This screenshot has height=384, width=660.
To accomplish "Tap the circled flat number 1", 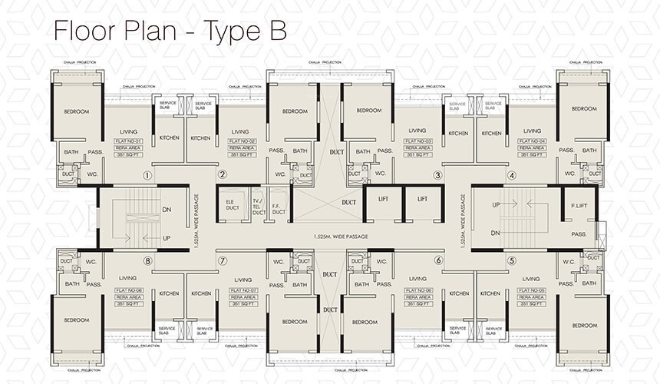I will [x=147, y=175].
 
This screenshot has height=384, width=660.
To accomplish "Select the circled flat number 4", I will [x=511, y=175].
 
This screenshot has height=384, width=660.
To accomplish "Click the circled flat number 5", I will [x=511, y=260].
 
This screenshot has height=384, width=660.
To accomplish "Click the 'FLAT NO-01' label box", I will [x=126, y=143].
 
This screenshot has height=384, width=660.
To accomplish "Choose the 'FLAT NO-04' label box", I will [x=532, y=143].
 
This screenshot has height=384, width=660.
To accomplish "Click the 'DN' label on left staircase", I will [x=167, y=209].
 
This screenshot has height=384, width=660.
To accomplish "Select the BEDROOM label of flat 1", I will [x=77, y=112].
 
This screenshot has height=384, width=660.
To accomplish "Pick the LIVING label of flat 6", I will [x=417, y=279].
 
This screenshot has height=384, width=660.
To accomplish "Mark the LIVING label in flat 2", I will [x=240, y=131].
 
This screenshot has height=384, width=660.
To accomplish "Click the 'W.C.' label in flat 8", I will [x=91, y=262].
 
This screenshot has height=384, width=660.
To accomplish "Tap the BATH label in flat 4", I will [x=589, y=151].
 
